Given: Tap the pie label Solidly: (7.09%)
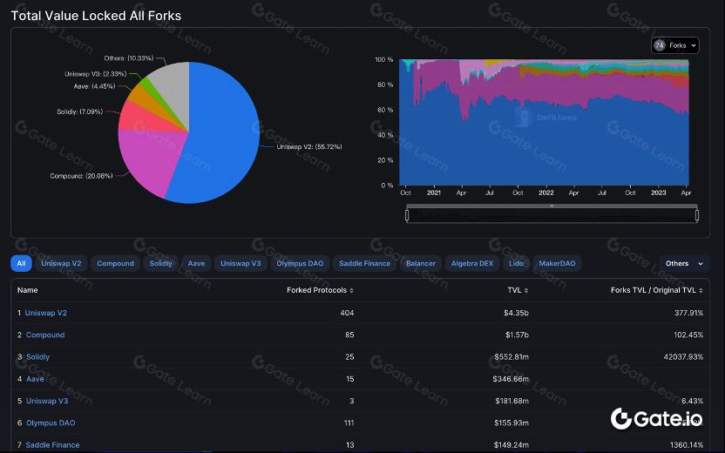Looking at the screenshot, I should [80, 112].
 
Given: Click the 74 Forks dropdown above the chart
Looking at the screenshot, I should [674, 45].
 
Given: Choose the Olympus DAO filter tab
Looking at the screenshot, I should [300, 263].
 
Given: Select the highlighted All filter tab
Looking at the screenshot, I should [21, 263].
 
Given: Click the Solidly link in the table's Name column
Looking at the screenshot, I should [37, 357].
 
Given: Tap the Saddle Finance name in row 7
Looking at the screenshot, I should [52, 445].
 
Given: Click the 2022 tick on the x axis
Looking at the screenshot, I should [545, 193].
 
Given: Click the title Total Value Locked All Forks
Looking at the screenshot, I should [96, 16].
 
